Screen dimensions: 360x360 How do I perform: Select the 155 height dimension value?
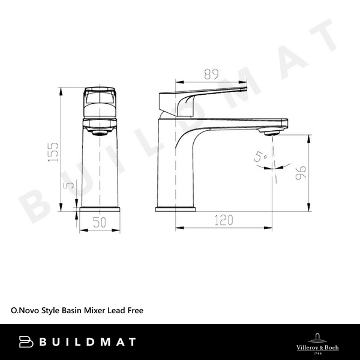pos(53,151)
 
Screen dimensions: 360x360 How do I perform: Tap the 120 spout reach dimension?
pos(223,220)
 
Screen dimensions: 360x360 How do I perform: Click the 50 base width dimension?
pos(99,222)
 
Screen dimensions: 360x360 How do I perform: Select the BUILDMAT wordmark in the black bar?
pos(86,342)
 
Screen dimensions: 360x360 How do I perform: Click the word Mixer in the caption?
pos(92,311)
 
